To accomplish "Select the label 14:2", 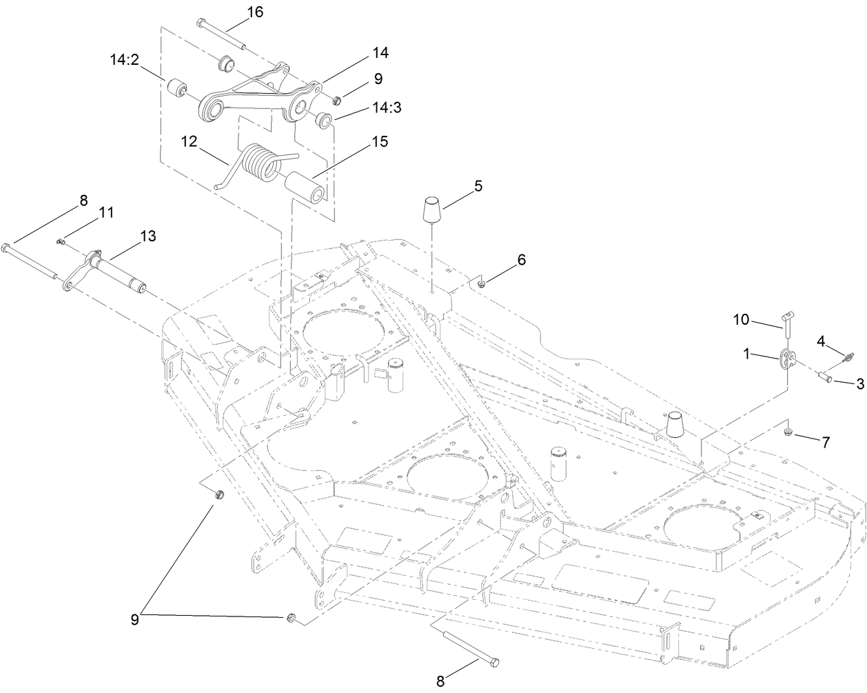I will pyautogui.click(x=125, y=61).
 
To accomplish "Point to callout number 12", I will pyautogui.click(x=189, y=141).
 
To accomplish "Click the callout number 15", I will pyautogui.click(x=379, y=141).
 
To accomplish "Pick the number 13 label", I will pyautogui.click(x=148, y=236).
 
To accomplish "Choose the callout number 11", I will pyautogui.click(x=105, y=213).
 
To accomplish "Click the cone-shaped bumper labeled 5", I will pyautogui.click(x=432, y=208).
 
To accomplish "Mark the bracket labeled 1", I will pyautogui.click(x=786, y=359).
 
